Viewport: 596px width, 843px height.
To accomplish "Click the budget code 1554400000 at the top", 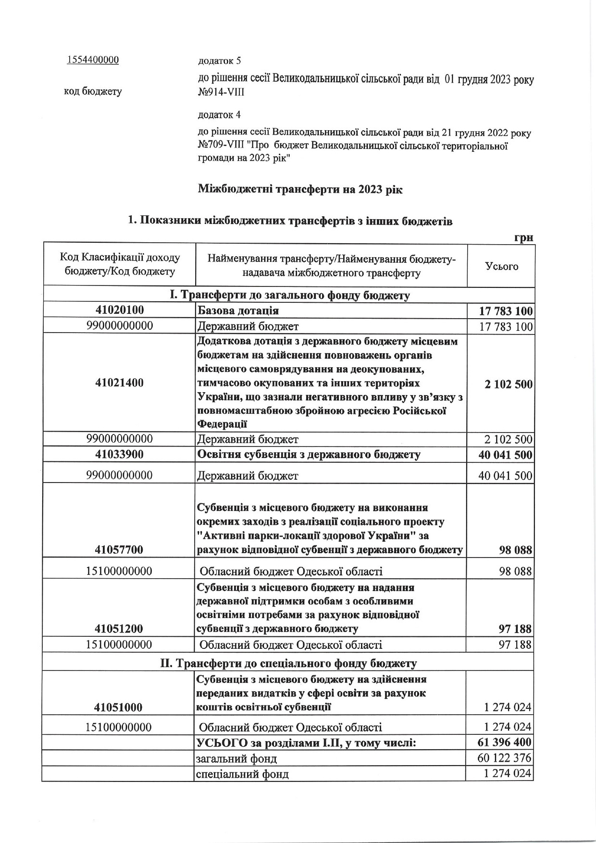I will click(x=93, y=60).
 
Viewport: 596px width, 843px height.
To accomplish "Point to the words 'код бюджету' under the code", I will click(x=93, y=91).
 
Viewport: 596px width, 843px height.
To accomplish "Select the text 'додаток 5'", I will click(x=219, y=61).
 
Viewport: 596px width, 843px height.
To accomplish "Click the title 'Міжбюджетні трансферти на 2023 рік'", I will click(x=300, y=189).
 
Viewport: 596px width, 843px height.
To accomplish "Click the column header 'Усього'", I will click(x=501, y=266).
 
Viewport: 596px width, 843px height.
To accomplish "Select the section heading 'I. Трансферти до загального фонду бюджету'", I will click(x=290, y=295).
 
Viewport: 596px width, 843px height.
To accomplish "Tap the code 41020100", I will click(x=119, y=310).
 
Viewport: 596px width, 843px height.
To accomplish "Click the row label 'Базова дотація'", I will click(x=238, y=311).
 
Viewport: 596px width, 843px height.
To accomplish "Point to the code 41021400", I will click(x=119, y=383).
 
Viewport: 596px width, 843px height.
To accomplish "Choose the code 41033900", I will click(x=119, y=454).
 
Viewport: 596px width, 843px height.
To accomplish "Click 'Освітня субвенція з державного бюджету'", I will click(x=309, y=455).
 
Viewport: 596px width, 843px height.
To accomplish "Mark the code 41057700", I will click(x=119, y=549).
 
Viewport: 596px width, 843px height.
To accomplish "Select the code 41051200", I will click(x=119, y=628).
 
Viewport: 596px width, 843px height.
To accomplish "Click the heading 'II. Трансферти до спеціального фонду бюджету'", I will click(x=288, y=663).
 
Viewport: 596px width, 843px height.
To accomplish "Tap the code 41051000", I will click(x=119, y=707).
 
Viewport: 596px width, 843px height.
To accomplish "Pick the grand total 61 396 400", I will click(x=505, y=743).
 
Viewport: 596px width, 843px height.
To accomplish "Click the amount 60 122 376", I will click(x=505, y=758).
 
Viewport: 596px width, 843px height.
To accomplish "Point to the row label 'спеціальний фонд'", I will click(x=243, y=774).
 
